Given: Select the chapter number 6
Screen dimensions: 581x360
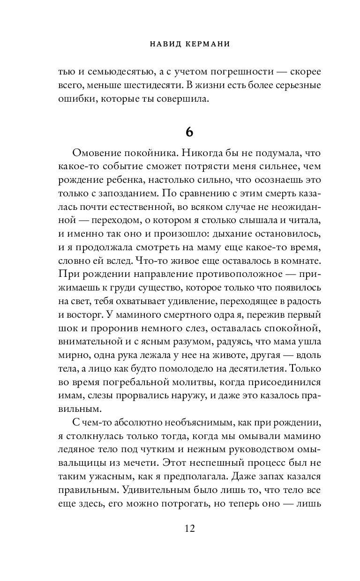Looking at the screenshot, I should click(x=189, y=133).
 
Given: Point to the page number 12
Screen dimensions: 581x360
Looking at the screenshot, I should click(x=189, y=529).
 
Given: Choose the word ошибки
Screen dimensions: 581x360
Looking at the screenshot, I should click(x=74, y=99).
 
